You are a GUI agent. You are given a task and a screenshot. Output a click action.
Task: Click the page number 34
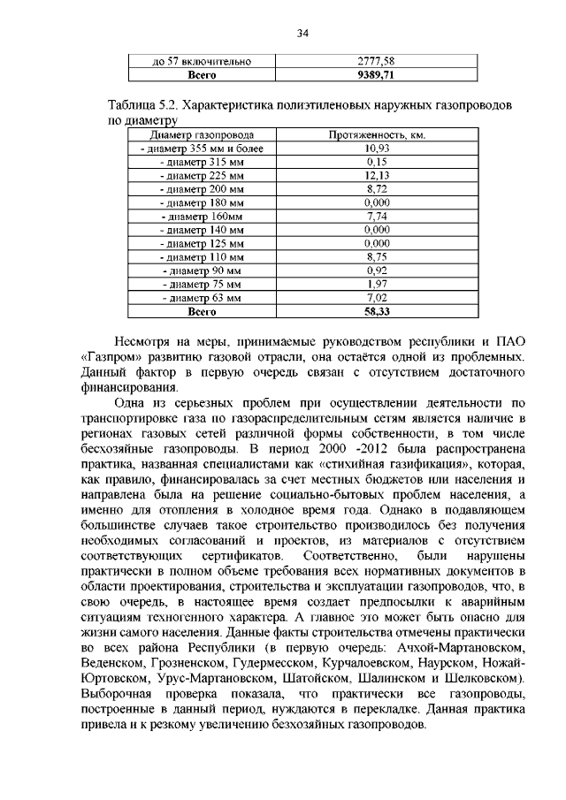coord(302,34)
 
